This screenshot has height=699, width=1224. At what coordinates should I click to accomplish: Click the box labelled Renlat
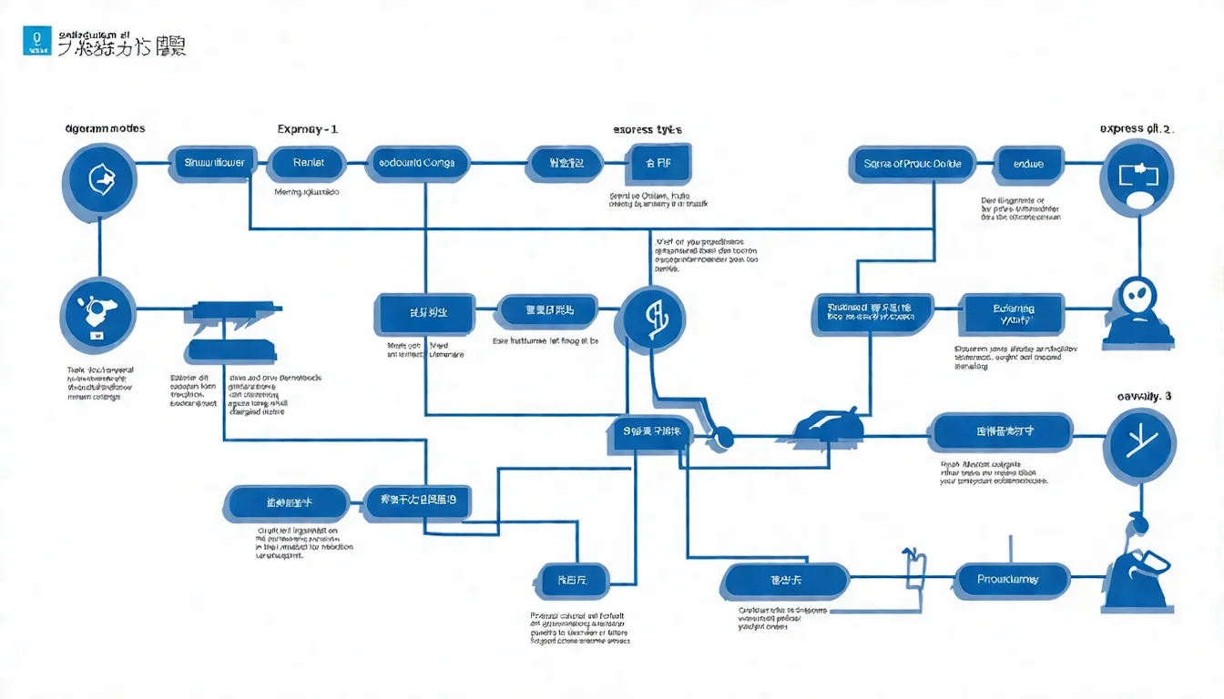tap(309, 164)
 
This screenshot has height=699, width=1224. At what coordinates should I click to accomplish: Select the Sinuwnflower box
tap(210, 164)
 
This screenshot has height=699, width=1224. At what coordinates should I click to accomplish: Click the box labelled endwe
tap(1027, 165)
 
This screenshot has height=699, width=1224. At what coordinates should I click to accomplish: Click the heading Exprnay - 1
tap(307, 129)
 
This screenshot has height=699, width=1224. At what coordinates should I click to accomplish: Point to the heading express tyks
tap(648, 129)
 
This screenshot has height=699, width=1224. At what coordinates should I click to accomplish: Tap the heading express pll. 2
tap(1137, 128)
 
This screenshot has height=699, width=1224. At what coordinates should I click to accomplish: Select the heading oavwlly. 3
tap(1144, 396)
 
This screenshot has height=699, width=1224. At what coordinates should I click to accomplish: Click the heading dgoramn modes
tap(106, 128)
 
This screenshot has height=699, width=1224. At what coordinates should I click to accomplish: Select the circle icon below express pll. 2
tap(1137, 176)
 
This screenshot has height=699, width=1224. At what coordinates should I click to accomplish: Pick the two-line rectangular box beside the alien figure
tap(1015, 314)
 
